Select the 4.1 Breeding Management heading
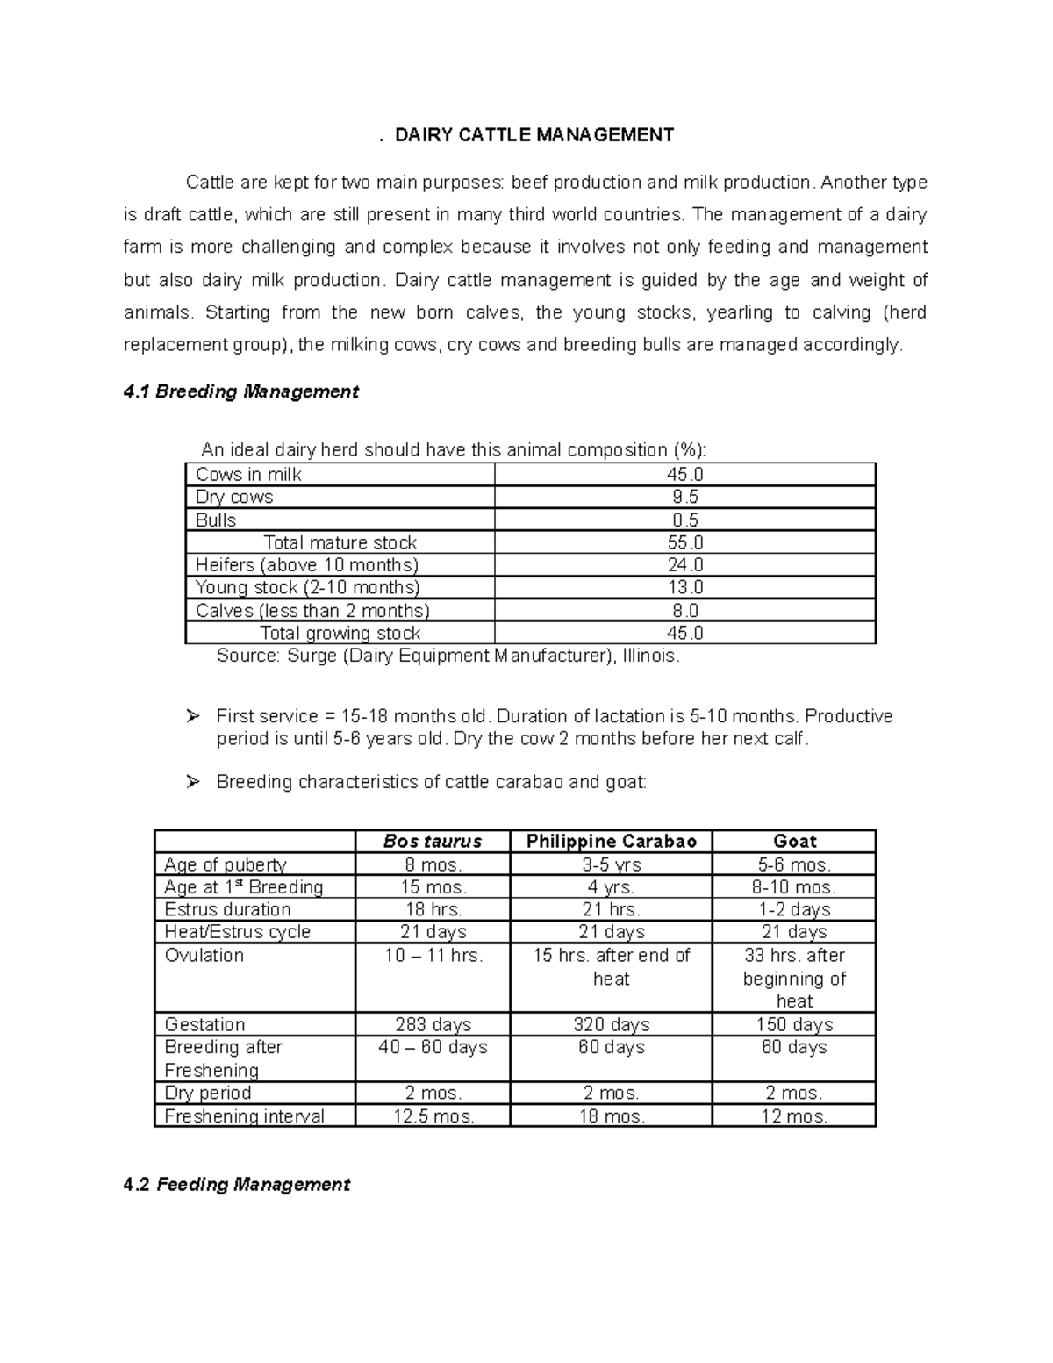tap(241, 391)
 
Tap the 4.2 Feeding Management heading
tap(237, 1185)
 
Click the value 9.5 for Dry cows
tap(685, 498)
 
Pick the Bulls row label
tap(216, 520)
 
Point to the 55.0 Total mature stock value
tap(685, 543)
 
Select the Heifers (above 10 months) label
tap(307, 565)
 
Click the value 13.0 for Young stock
tap(685, 588)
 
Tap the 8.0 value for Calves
tap(685, 611)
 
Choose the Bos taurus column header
tap(433, 842)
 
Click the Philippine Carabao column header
tap(612, 842)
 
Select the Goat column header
tap(794, 842)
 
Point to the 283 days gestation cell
tap(433, 1025)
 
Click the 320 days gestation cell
tap(612, 1025)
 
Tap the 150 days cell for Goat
tap(794, 1025)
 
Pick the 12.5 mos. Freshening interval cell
tap(433, 1116)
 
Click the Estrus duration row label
tap(227, 910)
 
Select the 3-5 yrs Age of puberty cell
tap(612, 864)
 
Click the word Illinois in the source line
tap(648, 656)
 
